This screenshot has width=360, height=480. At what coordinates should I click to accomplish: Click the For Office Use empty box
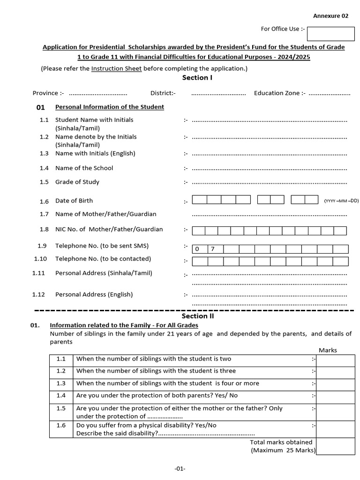pos(330,34)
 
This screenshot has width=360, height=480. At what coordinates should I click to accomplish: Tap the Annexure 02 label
pos(331,15)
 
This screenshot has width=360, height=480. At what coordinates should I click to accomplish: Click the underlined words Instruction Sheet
pos(116,68)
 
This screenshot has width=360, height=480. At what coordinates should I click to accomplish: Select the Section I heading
pos(197,78)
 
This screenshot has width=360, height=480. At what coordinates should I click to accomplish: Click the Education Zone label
pos(279,93)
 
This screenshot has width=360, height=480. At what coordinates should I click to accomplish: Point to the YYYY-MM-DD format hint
pos(341,201)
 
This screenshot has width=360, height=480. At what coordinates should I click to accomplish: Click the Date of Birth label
pos(74,201)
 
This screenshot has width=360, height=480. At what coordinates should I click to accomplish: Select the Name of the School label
pos(84,168)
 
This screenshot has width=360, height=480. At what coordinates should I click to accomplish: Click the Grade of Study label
pos(77,182)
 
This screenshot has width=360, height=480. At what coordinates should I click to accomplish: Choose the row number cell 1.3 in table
pos(61,383)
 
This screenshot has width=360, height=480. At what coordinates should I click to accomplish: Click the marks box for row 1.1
pos(335,360)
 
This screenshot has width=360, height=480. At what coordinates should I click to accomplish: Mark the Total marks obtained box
pos(335,446)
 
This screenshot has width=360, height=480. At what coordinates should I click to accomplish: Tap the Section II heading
pos(197,316)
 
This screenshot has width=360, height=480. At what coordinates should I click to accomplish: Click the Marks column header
pos(328,350)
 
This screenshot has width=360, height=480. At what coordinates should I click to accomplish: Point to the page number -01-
pos(180,468)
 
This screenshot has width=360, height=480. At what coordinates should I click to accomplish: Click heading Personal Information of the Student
pos(109,107)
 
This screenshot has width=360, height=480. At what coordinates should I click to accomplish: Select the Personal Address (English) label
pos(94,294)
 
